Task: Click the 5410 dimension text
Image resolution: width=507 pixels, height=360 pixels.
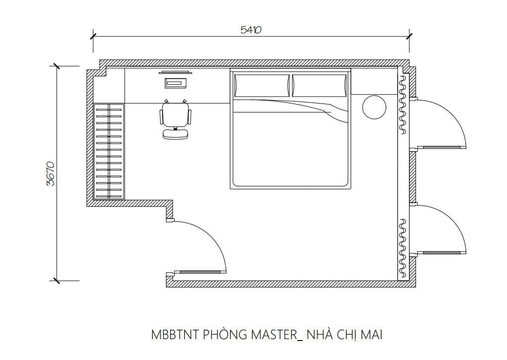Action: click(251, 30)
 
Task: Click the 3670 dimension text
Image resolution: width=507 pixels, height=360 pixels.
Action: click(50, 173)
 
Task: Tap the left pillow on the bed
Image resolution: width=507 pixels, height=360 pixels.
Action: click(262, 85)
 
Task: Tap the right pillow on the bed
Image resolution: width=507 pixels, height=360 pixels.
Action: click(319, 85)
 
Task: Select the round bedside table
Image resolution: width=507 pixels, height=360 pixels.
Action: click(374, 107)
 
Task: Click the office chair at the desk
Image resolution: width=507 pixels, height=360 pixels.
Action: click(175, 120)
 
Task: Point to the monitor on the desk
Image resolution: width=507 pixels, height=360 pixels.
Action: click(175, 73)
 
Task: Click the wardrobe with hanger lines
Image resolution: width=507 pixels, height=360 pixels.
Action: click(108, 151)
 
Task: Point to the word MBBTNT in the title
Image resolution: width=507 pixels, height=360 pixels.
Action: click(175, 335)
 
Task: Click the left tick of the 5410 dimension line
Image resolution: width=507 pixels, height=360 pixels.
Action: click(93, 36)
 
